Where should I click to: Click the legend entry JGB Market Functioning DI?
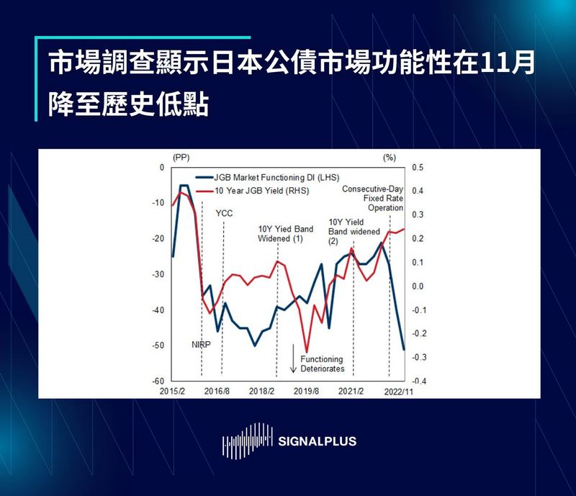pyautogui.click(x=276, y=177)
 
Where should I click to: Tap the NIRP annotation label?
pyautogui.click(x=202, y=344)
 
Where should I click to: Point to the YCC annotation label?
pyautogui.click(x=224, y=213)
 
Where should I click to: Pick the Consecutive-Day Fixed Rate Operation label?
pyautogui.click(x=372, y=198)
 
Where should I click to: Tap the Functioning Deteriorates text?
pyautogui.click(x=322, y=364)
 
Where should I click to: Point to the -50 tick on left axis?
pyautogui.click(x=159, y=346)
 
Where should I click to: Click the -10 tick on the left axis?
pyautogui.click(x=159, y=203)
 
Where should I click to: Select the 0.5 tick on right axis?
pyautogui.click(x=418, y=168)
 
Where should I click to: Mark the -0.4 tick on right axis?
pyautogui.click(x=417, y=381)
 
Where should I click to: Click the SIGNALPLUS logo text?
pyautogui.click(x=317, y=441)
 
